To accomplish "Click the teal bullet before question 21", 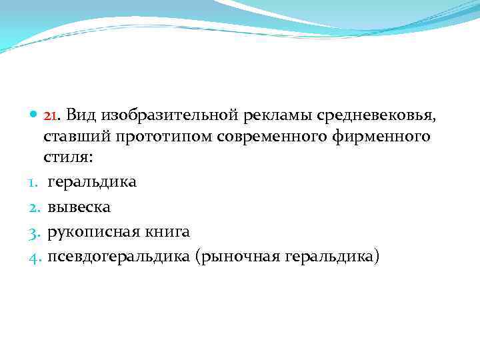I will [x=34, y=115].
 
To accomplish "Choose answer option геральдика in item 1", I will [x=92, y=182].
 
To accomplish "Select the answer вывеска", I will [x=78, y=207].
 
